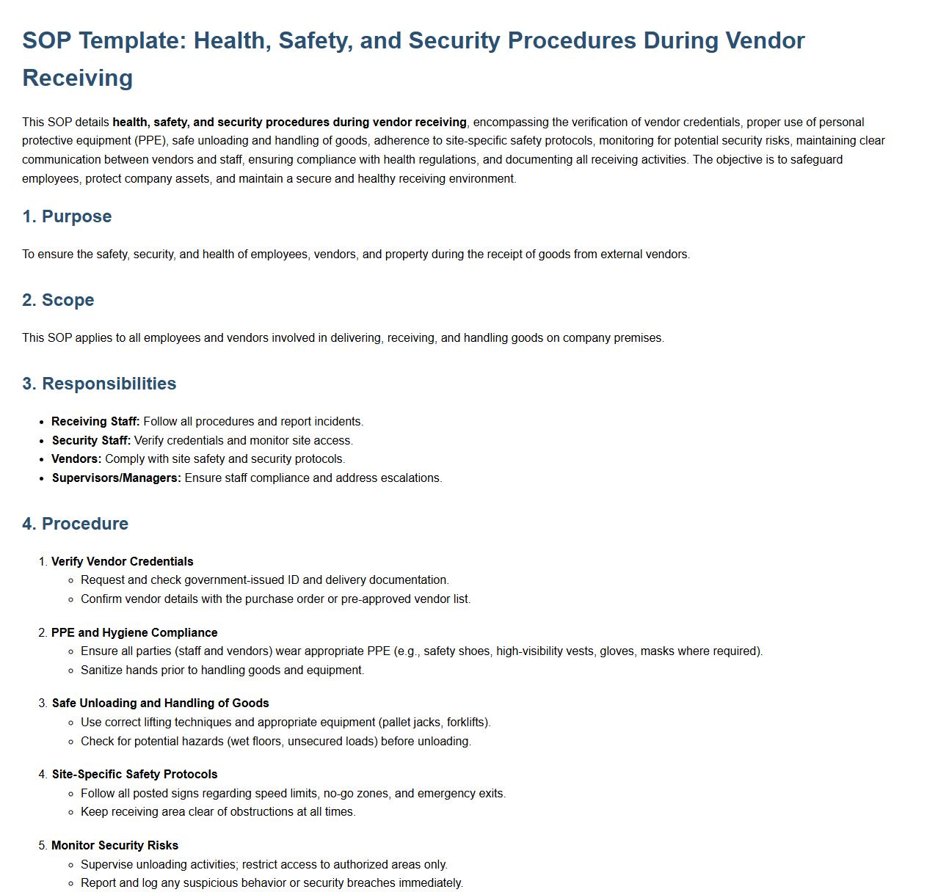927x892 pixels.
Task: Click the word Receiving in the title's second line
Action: [x=77, y=78]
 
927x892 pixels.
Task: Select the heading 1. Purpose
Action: [x=67, y=216]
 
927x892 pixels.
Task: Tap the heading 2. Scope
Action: [x=58, y=300]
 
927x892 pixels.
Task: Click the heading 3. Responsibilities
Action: [x=99, y=384]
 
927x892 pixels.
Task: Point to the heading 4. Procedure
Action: [x=75, y=524]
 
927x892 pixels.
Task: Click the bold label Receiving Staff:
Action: [x=95, y=422]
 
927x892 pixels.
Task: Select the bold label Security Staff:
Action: [x=91, y=441]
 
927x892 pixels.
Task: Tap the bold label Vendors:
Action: [x=76, y=459]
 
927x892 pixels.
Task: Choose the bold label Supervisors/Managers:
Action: [x=116, y=478]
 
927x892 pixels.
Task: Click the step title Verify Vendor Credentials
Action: [x=122, y=562]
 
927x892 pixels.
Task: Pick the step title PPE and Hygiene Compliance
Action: [x=134, y=633]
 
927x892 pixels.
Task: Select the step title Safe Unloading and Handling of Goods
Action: [x=160, y=703]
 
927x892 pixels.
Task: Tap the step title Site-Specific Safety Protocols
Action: [x=134, y=775]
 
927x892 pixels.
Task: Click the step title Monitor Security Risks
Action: [x=114, y=846]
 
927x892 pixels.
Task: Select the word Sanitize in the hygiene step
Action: [x=102, y=670]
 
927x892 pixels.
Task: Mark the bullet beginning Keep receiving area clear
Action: [x=218, y=812]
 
